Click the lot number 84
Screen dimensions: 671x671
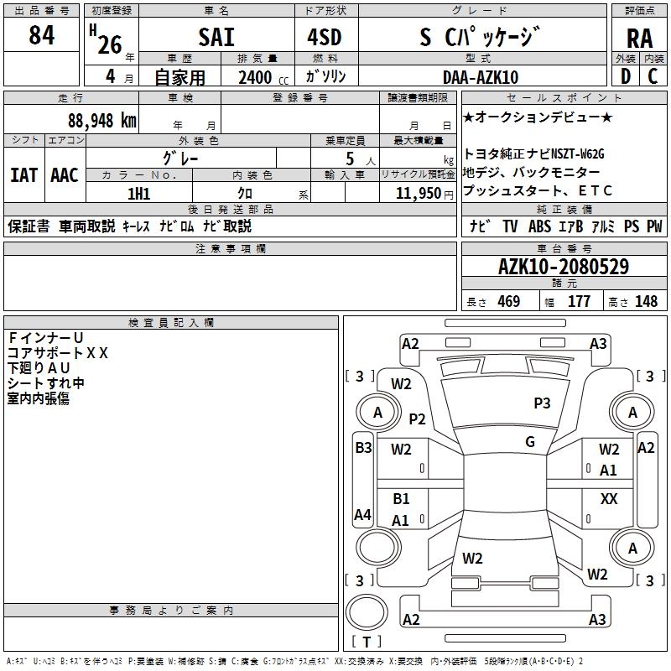click(x=42, y=36)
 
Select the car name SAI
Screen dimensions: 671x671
click(x=216, y=37)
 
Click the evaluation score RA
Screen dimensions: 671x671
click(x=639, y=38)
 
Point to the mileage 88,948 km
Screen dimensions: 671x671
click(x=102, y=120)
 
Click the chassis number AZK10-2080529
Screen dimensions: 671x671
click(x=563, y=267)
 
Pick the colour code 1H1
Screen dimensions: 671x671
click(x=138, y=193)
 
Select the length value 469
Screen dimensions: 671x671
click(x=508, y=301)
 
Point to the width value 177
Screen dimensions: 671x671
click(x=579, y=301)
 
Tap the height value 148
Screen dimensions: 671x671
click(x=646, y=301)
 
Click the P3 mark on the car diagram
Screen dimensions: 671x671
click(x=542, y=403)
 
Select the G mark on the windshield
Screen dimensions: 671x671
click(x=530, y=442)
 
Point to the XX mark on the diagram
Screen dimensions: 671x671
click(x=609, y=499)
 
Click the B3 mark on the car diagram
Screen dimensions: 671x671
click(x=363, y=448)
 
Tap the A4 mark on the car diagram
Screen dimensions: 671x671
click(x=362, y=515)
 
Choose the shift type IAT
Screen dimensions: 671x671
click(x=23, y=174)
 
